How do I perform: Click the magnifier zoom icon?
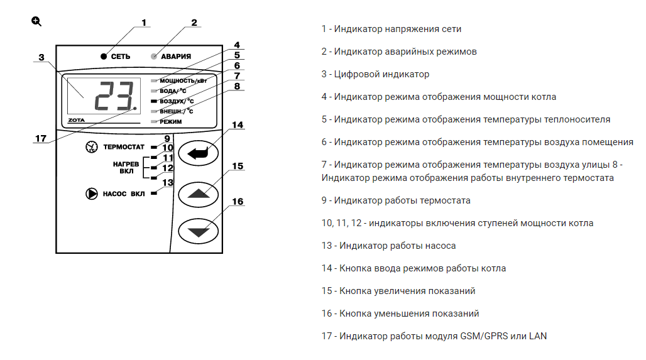(x=36, y=21)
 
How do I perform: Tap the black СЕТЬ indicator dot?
(x=104, y=57)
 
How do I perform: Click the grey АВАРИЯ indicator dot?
(x=155, y=57)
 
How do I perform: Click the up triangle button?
(x=199, y=193)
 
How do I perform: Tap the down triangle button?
(x=199, y=231)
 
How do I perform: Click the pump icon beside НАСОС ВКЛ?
(x=92, y=194)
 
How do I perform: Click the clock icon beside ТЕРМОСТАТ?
(x=92, y=147)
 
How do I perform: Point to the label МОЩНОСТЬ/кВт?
(x=183, y=81)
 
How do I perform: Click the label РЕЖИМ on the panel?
(x=171, y=121)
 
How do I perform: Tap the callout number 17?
(x=40, y=139)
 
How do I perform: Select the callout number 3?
(x=41, y=58)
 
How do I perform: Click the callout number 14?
(x=237, y=125)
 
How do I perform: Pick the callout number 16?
(x=237, y=202)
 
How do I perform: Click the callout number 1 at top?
(x=144, y=23)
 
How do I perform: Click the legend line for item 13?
(x=388, y=246)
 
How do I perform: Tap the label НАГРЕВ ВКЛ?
(x=126, y=167)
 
